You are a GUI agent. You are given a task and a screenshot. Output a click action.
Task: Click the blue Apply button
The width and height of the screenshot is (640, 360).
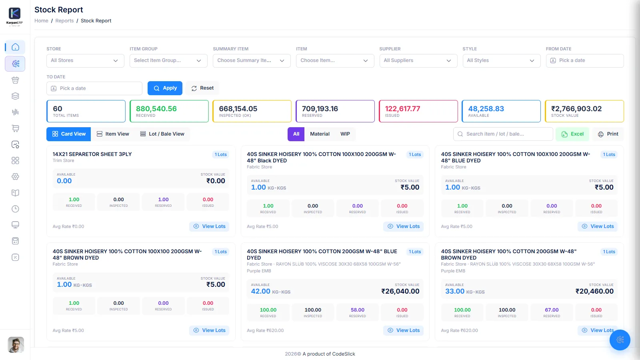click(x=165, y=88)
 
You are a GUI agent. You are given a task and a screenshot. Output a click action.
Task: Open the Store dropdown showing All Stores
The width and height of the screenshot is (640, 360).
click(x=85, y=60)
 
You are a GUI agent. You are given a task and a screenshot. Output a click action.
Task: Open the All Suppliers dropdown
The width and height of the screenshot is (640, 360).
click(x=418, y=60)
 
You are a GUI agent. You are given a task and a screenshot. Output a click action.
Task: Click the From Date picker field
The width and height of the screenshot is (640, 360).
click(x=584, y=60)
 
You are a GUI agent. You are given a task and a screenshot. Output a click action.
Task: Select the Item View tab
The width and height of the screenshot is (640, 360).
click(x=113, y=134)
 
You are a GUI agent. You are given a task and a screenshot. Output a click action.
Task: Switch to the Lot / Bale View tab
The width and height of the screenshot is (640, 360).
click(x=162, y=134)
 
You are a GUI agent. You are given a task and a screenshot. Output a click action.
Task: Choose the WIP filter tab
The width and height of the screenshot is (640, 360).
click(x=345, y=134)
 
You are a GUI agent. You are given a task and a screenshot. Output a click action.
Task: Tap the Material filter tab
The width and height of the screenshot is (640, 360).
click(x=320, y=134)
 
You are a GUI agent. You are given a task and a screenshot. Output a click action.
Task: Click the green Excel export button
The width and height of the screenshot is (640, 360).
click(x=572, y=134)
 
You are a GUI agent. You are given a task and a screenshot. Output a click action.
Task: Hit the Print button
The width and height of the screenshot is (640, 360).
click(x=608, y=134)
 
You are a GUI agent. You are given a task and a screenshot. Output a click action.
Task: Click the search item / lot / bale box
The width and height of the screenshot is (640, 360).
click(x=503, y=134)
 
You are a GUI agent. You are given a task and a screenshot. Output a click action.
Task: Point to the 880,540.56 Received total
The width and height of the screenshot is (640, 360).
click(x=156, y=108)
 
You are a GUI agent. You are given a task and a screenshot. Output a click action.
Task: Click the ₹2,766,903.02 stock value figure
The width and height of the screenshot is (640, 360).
click(x=576, y=108)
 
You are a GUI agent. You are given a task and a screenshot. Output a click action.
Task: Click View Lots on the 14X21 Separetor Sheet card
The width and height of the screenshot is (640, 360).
click(x=209, y=226)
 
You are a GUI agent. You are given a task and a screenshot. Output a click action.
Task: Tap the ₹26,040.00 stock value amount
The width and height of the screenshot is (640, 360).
click(x=400, y=291)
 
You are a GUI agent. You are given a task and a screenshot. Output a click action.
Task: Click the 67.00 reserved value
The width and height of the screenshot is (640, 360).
click(x=552, y=310)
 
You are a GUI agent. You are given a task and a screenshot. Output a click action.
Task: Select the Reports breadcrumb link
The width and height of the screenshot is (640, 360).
click(x=64, y=20)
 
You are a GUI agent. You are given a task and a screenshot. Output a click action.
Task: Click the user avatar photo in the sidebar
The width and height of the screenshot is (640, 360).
click(x=16, y=344)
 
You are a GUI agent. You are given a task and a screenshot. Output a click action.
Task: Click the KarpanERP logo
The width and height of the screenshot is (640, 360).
click(x=14, y=16)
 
